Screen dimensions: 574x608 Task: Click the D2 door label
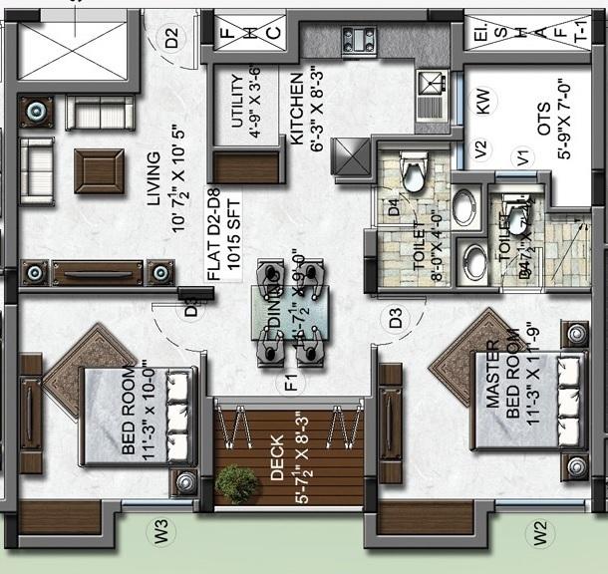click(172, 40)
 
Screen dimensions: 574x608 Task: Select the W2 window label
click(540, 534)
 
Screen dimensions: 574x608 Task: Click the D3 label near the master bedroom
click(396, 320)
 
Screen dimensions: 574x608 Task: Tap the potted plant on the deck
click(237, 483)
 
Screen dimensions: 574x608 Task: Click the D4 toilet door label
click(394, 209)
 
